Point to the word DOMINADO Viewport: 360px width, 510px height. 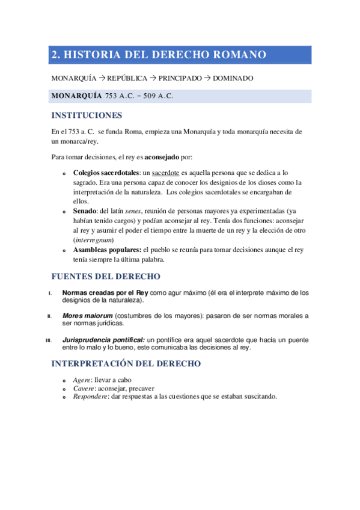(233, 79)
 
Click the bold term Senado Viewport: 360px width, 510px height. (77, 212)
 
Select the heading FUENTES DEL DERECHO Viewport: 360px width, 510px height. (105, 277)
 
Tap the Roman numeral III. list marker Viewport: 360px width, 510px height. (49, 340)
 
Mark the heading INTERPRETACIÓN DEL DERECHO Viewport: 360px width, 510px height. (126, 364)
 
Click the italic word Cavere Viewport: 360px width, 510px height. (84, 389)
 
